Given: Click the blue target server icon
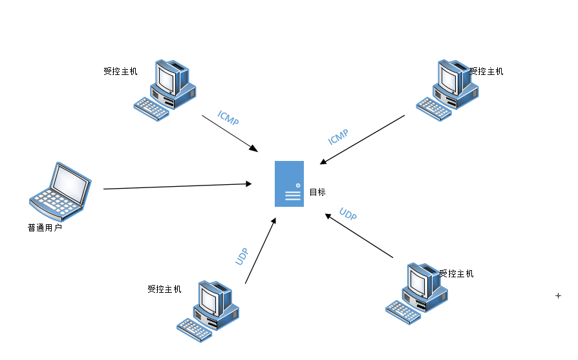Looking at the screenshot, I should (x=289, y=184).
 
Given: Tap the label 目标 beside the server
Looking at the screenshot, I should (x=317, y=192).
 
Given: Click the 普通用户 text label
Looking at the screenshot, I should (x=45, y=228).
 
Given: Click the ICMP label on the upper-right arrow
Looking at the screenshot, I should (x=338, y=137).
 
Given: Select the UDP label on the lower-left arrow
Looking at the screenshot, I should (x=241, y=257).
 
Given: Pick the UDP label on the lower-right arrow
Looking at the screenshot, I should (x=348, y=215).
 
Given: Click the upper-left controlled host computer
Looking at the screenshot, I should (x=165, y=90).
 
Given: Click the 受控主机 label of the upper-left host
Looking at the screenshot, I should (x=120, y=72).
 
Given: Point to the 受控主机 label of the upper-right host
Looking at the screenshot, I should (x=487, y=72).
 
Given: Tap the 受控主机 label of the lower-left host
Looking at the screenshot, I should (x=164, y=289).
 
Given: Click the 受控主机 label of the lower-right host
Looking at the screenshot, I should (x=457, y=273).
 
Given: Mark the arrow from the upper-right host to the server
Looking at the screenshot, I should (x=362, y=140).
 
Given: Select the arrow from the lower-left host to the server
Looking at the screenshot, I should (x=260, y=251).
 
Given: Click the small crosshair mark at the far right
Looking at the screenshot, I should (x=558, y=295).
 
